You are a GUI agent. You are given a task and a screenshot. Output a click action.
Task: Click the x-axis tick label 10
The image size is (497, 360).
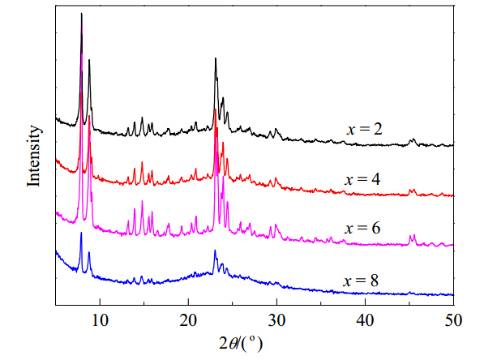pos(100,320)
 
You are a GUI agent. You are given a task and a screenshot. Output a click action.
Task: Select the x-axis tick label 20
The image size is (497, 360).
pos(188,320)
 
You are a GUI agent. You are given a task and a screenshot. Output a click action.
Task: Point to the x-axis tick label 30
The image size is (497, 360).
pos(276,320)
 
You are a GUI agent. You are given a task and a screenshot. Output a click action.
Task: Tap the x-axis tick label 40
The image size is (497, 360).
pos(365,320)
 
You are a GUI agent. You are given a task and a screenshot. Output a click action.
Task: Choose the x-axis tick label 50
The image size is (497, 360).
pos(453,320)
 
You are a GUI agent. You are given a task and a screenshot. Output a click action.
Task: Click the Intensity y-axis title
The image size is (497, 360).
pos(34,156)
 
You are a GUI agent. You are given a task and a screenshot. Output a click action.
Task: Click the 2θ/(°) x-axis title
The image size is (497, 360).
pos(241,343)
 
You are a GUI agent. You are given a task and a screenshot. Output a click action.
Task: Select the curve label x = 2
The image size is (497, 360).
pos(365,129)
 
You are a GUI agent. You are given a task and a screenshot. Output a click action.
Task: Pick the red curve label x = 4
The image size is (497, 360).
pos(362,179)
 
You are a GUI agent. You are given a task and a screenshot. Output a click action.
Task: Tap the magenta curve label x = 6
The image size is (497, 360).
pos(362,228)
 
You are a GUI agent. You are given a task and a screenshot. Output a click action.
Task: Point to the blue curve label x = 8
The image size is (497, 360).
pos(361,281)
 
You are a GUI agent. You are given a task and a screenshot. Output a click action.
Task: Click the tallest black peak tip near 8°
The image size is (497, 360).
pos(81,13)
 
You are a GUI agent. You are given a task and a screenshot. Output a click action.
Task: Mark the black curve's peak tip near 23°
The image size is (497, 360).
pos(216,58)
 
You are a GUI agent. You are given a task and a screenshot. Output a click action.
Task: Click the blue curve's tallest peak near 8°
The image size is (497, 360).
pos(81,233)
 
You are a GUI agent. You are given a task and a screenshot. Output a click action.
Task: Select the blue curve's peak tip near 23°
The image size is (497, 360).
pos(215,251)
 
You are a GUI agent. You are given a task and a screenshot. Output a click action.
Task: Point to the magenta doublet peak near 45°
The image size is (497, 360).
pos(412,236)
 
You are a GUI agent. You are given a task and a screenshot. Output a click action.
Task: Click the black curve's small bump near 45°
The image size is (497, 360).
pos(412,139)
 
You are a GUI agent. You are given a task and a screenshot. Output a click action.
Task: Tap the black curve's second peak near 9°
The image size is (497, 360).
pos(89,59)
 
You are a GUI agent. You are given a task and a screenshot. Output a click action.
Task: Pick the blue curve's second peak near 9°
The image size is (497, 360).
pos(88,252)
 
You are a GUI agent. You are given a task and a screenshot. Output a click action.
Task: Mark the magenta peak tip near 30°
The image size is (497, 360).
pos(276,225)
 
